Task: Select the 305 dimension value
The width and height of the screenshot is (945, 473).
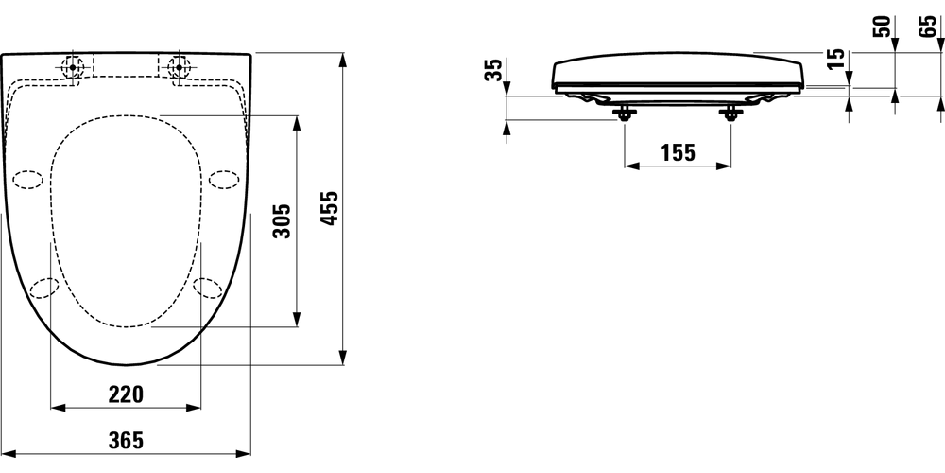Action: [x=281, y=221]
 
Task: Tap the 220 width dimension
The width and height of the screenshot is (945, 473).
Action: [x=125, y=394]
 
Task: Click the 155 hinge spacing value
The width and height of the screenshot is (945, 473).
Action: [x=676, y=153]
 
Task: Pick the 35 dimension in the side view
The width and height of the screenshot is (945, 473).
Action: [x=492, y=72]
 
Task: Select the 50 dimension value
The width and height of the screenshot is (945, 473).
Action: [x=884, y=26]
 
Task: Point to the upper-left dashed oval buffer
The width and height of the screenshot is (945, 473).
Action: [x=28, y=179]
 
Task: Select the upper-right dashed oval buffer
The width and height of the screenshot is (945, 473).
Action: [x=224, y=178]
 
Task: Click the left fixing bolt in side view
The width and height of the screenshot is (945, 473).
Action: [x=625, y=114]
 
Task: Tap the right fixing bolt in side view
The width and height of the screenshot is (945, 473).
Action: [x=730, y=114]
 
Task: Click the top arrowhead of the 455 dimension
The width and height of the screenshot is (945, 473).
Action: [x=341, y=59]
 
